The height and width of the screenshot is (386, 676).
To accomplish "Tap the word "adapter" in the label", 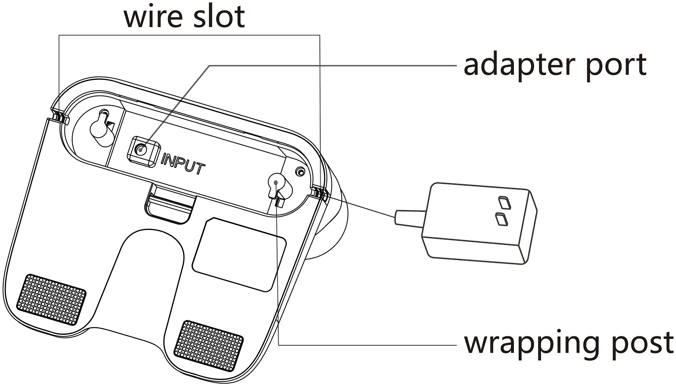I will [521, 65].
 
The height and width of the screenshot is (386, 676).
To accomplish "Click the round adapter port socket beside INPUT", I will [141, 150].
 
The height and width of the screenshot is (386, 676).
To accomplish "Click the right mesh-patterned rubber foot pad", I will [209, 345].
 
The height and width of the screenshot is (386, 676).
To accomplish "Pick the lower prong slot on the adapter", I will [501, 219].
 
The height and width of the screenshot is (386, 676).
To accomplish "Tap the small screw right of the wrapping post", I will [300, 172].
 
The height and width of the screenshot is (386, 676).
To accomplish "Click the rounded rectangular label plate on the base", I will [240, 255].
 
